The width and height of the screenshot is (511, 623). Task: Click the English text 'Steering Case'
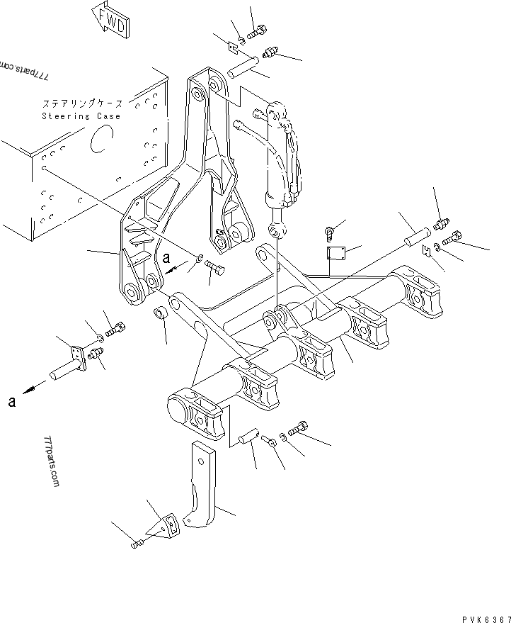click(81, 116)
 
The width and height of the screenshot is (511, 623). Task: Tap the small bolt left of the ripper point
click(137, 543)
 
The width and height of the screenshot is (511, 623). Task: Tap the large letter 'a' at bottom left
click(12, 403)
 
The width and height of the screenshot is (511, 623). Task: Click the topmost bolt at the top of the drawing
click(256, 30)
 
